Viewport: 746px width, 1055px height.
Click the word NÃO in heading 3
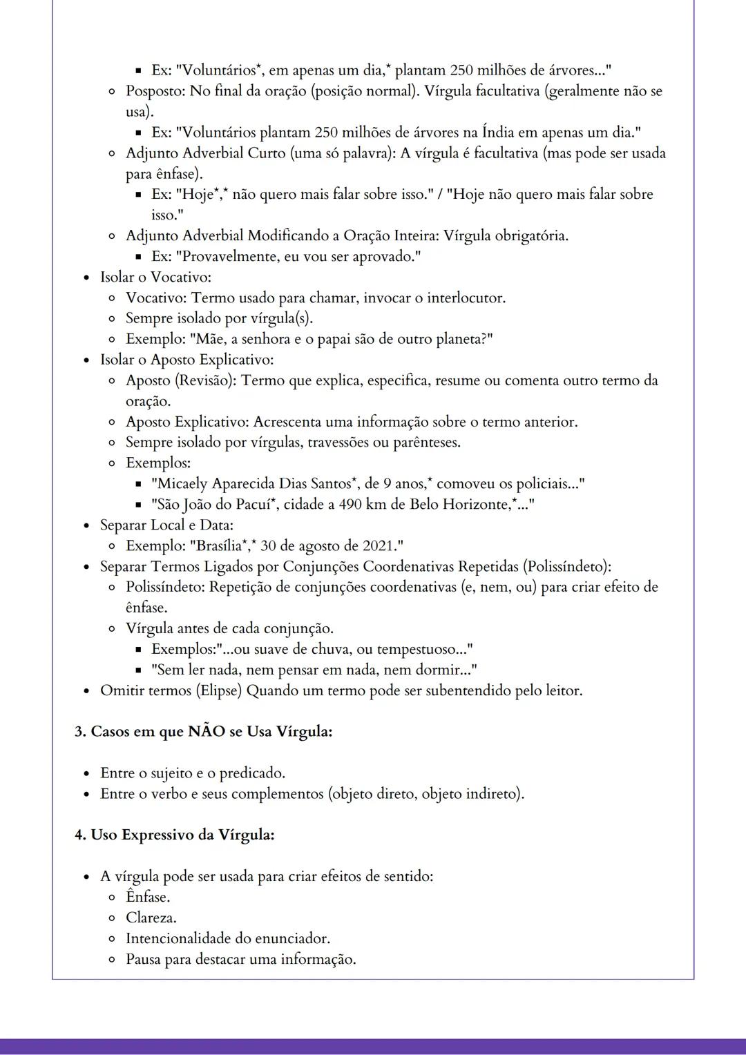tap(206, 732)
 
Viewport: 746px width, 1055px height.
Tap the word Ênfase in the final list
tap(147, 898)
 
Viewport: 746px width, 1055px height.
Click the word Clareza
tap(151, 918)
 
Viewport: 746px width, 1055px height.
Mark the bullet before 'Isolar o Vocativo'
tap(87, 278)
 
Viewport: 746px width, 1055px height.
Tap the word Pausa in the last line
tap(143, 960)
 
